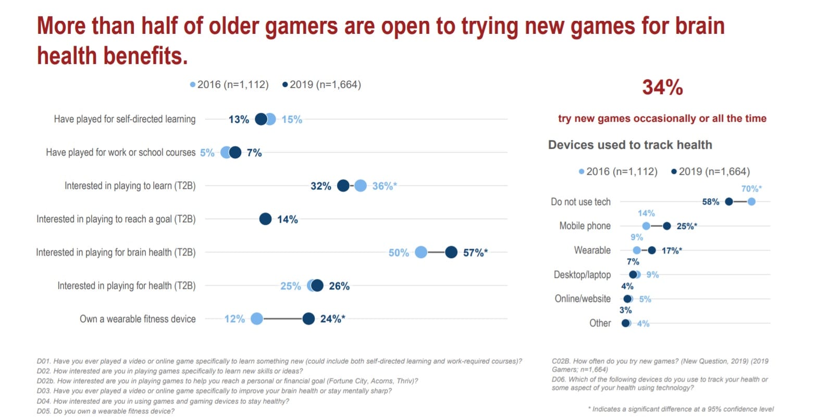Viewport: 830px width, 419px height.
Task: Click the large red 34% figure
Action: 662,87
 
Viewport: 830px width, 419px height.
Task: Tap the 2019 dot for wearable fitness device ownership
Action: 308,319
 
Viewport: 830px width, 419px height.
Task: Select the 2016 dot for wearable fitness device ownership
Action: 257,319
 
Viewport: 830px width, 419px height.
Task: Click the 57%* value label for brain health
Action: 475,252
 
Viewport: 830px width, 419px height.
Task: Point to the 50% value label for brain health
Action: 399,253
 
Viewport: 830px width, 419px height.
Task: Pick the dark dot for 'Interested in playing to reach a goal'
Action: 265,219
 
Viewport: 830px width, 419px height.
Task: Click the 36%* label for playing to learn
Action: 385,186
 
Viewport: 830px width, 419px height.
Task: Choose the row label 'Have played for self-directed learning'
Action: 125,119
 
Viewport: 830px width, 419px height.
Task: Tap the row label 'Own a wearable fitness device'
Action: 138,319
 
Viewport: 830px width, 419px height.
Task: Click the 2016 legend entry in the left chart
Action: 230,84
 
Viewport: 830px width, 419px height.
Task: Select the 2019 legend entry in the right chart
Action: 711,171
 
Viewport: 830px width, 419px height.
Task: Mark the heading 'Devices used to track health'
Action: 630,145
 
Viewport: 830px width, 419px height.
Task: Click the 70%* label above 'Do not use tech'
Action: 751,188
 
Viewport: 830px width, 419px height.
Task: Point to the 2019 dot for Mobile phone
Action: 667,226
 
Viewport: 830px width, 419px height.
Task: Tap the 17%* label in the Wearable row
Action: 672,250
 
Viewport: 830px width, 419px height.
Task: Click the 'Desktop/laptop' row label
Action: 582,274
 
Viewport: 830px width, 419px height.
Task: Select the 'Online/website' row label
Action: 583,299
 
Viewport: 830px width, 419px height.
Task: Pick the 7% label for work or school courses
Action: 254,153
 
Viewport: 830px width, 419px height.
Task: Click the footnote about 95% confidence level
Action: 681,409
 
